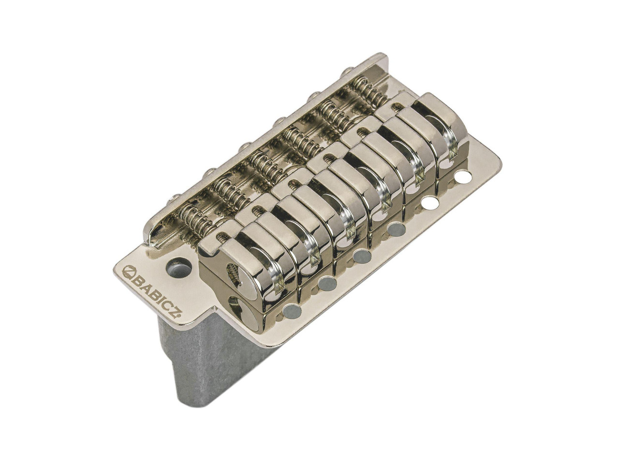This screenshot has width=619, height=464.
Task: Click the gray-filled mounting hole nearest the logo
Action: tap(292, 310)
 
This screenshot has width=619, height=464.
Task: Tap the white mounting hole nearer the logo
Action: tap(428, 201)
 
